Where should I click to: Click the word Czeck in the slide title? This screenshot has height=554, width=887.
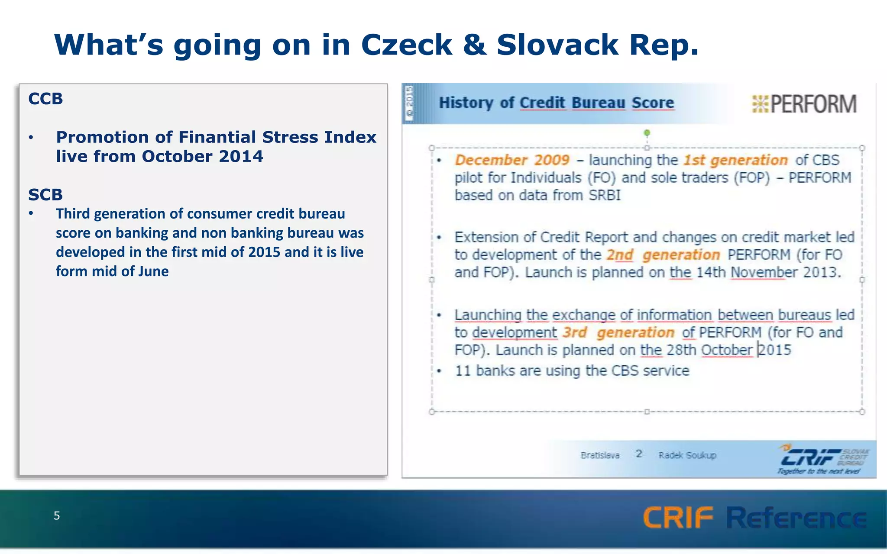tap(406, 45)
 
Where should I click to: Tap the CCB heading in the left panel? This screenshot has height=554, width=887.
tap(45, 99)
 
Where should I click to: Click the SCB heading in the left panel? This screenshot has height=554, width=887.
tap(45, 195)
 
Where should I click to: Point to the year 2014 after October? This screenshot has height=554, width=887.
tap(241, 157)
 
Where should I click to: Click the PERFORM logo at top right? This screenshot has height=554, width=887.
tap(804, 104)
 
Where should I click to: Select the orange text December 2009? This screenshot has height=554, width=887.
tap(512, 160)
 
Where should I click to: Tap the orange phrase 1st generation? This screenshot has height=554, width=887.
tap(735, 160)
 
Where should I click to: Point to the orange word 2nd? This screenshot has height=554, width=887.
tap(619, 255)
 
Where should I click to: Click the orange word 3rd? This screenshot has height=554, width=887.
tap(575, 332)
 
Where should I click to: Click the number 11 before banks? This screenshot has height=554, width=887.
tap(463, 371)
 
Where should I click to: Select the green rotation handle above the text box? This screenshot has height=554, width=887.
tap(647, 133)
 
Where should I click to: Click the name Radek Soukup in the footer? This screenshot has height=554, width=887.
tap(687, 455)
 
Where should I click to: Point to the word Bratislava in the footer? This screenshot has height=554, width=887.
tap(600, 455)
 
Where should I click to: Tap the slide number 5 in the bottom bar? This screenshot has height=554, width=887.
tap(57, 515)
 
